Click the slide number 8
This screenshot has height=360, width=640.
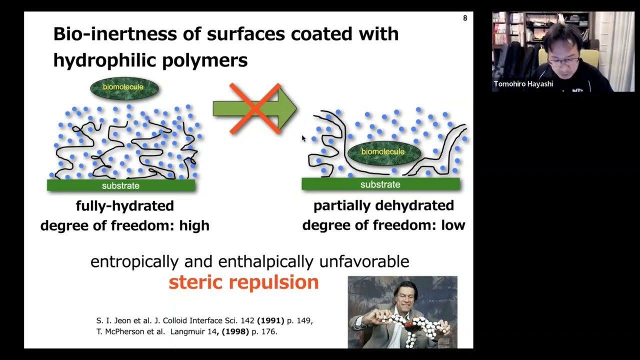pyautogui.click(x=465, y=18)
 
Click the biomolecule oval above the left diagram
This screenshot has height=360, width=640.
pyautogui.click(x=124, y=87)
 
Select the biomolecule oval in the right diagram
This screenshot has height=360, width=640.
pyautogui.click(x=383, y=151)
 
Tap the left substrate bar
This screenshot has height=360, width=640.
pyautogui.click(x=120, y=185)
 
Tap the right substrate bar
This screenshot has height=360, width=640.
pyautogui.click(x=380, y=184)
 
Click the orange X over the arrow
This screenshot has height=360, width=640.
pyautogui.click(x=255, y=108)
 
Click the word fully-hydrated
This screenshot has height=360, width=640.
pyautogui.click(x=124, y=205)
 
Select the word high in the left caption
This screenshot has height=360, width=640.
pyautogui.click(x=194, y=225)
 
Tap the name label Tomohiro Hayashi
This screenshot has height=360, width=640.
pyautogui.click(x=523, y=84)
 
